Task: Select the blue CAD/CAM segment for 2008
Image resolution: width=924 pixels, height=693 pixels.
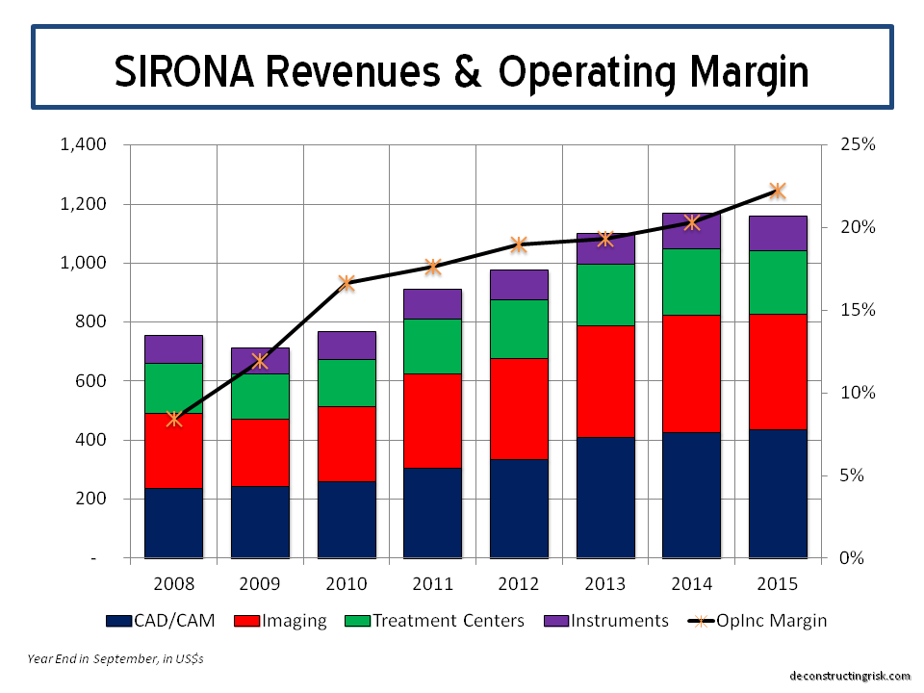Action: (x=173, y=522)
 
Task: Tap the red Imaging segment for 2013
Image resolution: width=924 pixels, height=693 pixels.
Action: (x=605, y=381)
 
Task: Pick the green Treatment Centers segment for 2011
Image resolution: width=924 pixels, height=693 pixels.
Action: (x=432, y=346)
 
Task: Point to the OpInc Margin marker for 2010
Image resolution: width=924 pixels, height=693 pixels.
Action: (x=346, y=283)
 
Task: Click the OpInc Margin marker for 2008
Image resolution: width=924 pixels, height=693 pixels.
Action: (x=173, y=419)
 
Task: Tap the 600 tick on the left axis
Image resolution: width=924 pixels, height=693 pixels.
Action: (x=90, y=381)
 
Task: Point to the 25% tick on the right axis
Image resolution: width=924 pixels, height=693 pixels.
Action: (x=858, y=145)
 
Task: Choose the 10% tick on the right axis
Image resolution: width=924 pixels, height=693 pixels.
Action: (x=858, y=393)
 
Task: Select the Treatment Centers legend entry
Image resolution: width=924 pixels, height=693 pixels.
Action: (x=449, y=621)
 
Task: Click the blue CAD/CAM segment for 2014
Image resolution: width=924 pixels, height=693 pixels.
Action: (x=691, y=495)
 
